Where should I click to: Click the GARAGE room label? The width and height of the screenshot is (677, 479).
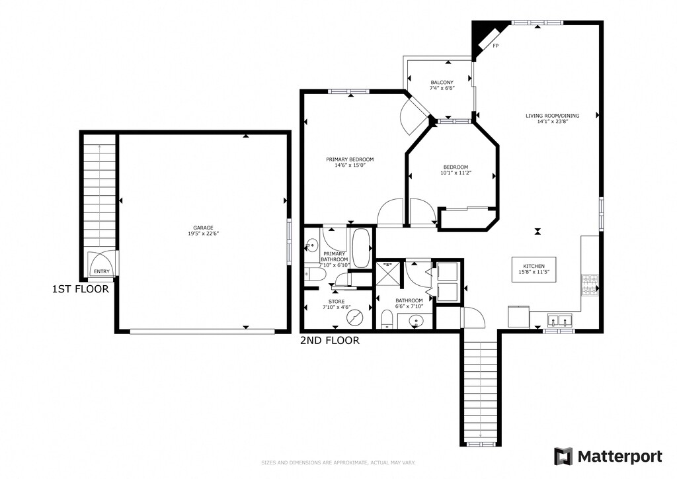point(203,228)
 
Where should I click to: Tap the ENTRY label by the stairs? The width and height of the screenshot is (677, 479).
point(102,271)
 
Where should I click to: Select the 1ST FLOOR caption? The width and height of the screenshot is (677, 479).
point(80,289)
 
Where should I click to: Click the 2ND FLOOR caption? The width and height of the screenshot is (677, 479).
point(330,341)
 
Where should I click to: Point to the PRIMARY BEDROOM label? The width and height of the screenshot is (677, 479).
point(350,159)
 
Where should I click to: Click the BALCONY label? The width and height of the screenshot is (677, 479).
point(442,83)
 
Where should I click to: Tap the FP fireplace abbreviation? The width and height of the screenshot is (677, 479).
point(496,46)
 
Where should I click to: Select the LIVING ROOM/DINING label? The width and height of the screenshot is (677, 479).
point(552,116)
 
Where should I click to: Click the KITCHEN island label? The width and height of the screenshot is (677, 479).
point(534,266)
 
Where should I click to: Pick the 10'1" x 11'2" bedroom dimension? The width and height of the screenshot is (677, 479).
point(456,173)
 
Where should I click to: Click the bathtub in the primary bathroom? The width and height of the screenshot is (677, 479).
point(361,248)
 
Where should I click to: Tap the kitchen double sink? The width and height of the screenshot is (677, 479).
point(559,320)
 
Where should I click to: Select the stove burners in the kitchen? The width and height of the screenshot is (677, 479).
point(590,285)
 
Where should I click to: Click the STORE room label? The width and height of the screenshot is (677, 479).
point(337,302)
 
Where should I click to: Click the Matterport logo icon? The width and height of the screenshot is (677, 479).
point(563,456)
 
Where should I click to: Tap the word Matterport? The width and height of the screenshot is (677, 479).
point(620,457)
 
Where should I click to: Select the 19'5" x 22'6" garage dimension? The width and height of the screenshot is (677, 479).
point(203,234)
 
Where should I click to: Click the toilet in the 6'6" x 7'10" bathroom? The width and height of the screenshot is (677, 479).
point(387,320)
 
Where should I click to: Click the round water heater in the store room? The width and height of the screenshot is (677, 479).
point(354,318)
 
